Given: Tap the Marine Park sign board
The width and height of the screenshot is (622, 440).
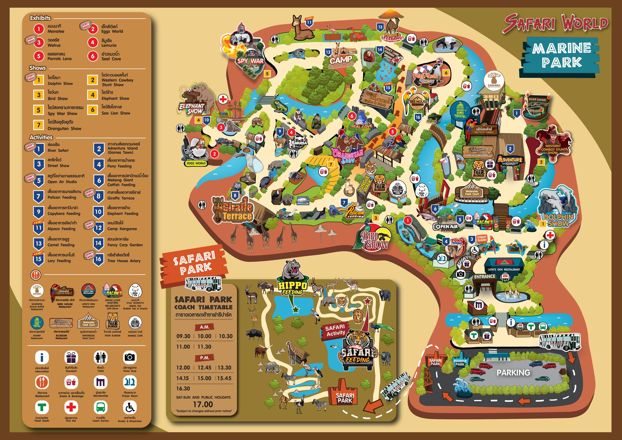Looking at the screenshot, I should point(561,55).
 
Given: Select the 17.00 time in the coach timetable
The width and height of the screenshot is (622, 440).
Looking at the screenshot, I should point(203,404).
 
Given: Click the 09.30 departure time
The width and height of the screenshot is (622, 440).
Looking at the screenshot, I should point(183,336).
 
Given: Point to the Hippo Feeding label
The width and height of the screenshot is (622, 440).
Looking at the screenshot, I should point(292,288).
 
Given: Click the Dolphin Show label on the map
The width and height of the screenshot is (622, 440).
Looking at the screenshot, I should point(558,220).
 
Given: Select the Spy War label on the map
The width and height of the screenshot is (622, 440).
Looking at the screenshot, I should point(250,61).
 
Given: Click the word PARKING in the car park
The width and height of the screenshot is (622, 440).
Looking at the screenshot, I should point(513,373).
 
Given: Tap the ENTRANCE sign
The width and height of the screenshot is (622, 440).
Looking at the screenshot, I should point(485,277).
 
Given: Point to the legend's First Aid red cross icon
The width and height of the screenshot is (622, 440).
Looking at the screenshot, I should point(71,407).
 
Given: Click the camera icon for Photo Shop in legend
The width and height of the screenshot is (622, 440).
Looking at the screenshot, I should point(130,357).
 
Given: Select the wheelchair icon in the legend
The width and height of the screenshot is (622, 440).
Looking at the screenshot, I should point(130,407).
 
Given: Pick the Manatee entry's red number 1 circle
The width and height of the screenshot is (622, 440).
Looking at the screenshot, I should point(39,29).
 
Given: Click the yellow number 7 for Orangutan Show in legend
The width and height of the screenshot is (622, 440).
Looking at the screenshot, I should point(39,125).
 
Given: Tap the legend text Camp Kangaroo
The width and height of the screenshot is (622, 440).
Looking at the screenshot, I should point(122,229).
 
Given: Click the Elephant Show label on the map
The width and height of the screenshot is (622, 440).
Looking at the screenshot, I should point(192,108).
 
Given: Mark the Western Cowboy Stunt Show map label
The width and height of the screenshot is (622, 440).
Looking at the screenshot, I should point(553,149).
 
